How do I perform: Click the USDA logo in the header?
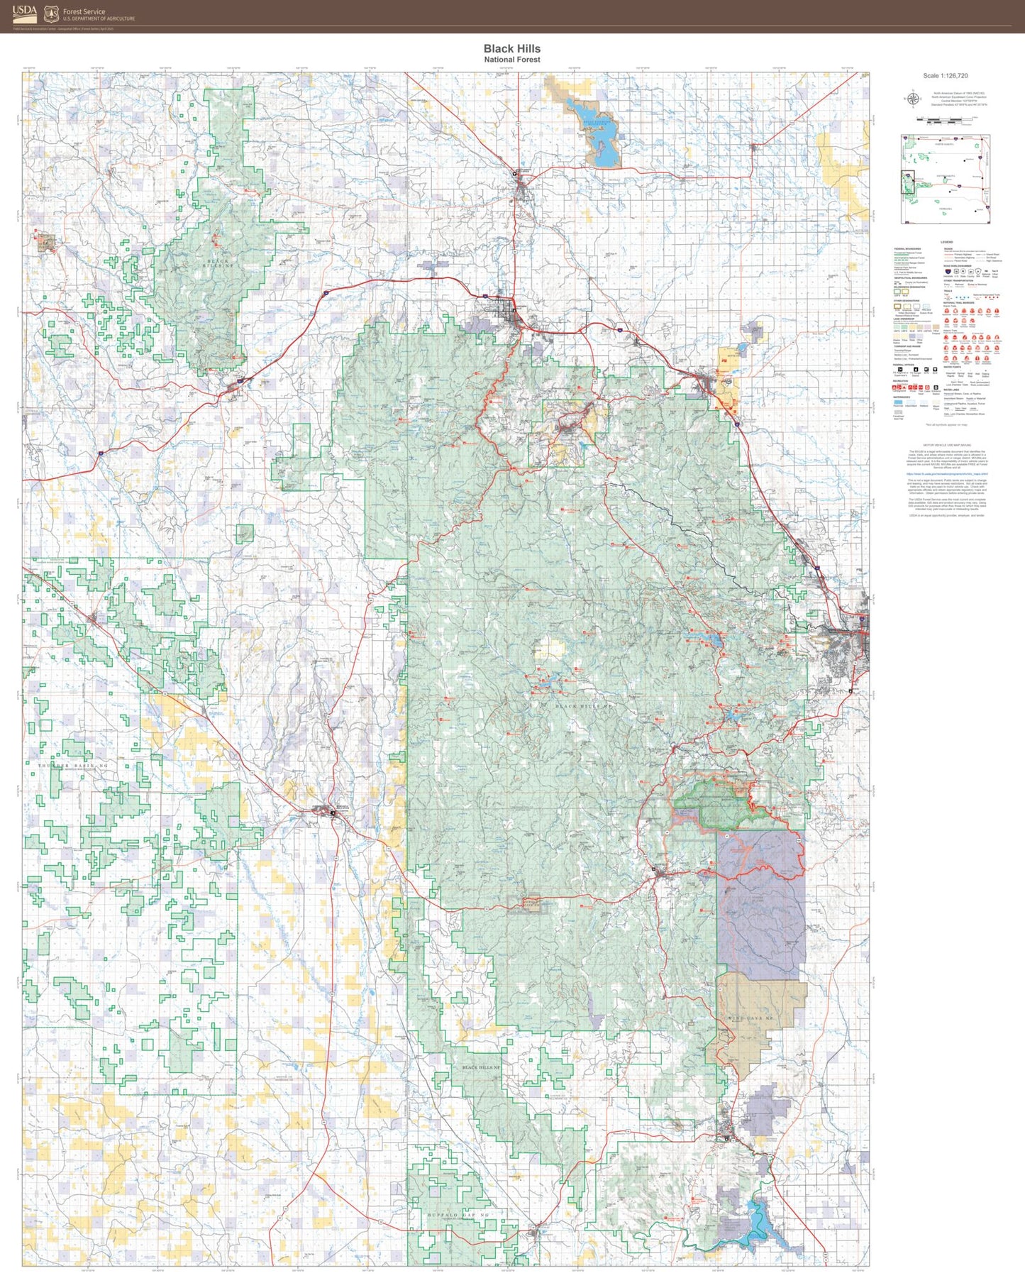tap(24, 13)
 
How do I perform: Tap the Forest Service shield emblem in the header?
tap(51, 13)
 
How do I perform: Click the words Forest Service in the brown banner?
tap(84, 11)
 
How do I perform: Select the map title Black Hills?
tap(511, 48)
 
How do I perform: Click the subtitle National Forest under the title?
tap(511, 60)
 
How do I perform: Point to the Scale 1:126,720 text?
tap(945, 75)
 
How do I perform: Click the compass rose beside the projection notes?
tap(912, 99)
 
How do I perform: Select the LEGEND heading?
tap(947, 243)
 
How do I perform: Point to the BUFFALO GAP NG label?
tap(458, 1216)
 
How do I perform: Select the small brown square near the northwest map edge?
tap(46, 243)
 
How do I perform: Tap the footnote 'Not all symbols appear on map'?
tap(946, 425)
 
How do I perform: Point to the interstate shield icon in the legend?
tap(948, 270)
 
